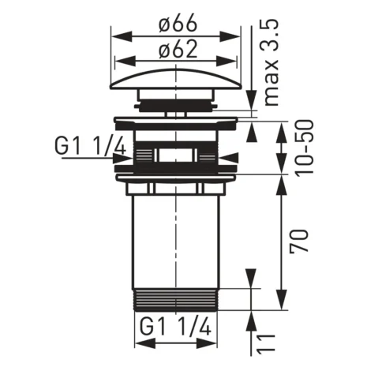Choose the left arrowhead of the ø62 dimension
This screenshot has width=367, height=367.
pyautogui.click(x=121, y=62)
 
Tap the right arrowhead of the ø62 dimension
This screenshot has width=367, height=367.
pyautogui.click(x=230, y=62)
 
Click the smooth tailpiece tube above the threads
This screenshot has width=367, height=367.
pyautogui.click(x=175, y=237)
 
